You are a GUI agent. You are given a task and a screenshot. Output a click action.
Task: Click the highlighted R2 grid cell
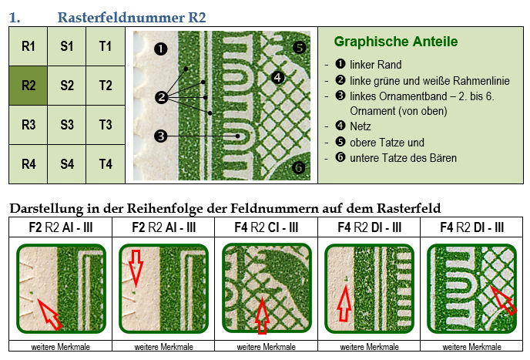pos(28,86)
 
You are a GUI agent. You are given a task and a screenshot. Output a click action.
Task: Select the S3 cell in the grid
pos(66,125)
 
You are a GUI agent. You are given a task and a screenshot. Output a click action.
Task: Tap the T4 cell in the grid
pos(106,164)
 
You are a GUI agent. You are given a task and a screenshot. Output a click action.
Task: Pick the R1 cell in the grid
pos(28,46)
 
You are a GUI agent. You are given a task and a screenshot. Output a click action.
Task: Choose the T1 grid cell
pos(106,46)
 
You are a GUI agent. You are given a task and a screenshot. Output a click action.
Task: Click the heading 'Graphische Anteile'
pos(396,42)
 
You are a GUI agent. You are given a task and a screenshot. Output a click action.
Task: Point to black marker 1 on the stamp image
pos(160,49)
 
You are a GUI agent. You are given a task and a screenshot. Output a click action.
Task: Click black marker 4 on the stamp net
pos(277,78)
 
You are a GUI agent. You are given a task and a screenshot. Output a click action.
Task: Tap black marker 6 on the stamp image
pos(298,167)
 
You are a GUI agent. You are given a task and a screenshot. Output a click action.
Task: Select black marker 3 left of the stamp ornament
pos(160,136)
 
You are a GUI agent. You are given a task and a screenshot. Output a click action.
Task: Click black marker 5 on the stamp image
pos(299,47)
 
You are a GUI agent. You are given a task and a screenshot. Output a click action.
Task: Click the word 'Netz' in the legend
pos(361,126)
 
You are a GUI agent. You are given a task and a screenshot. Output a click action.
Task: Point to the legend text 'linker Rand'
pos(375,64)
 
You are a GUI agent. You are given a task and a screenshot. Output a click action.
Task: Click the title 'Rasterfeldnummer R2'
pos(132,17)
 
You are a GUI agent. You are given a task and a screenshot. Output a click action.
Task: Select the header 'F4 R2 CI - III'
pos(267,227)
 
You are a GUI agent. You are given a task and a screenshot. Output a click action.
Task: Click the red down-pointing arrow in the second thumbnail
pos(136,268)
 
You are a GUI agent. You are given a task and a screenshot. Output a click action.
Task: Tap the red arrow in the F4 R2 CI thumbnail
pos(262,316)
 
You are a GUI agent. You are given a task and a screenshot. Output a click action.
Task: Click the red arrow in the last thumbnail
pos(504,301)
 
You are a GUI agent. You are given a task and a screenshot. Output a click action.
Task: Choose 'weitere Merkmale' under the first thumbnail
pos(61,347)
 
